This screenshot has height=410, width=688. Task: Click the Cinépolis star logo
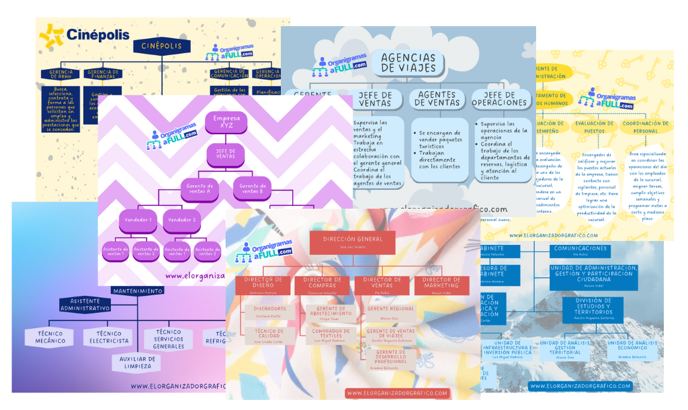click(x=51, y=36)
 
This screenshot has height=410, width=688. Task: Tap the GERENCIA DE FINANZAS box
click(x=103, y=75)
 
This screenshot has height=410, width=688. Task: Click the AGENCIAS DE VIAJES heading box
click(x=408, y=62)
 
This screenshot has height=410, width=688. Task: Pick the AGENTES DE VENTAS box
click(x=436, y=99)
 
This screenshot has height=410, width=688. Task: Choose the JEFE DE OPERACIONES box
click(x=499, y=99)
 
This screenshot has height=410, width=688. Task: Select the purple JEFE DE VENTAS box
click(x=226, y=154)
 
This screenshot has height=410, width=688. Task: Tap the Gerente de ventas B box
click(x=252, y=189)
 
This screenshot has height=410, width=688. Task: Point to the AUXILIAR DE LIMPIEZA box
click(x=136, y=362)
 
